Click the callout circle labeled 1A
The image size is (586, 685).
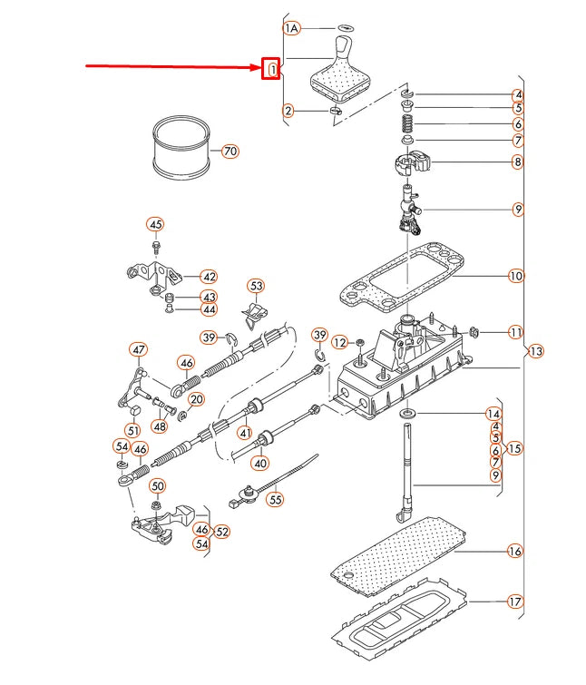click(291, 29)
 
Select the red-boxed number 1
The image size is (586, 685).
click(271, 69)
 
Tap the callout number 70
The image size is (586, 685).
click(230, 151)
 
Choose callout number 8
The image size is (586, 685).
click(517, 163)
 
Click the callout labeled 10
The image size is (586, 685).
click(516, 276)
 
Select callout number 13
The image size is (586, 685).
click(535, 351)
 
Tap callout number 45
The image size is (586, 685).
click(155, 225)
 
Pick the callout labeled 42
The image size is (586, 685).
click(209, 277)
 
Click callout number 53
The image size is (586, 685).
click(257, 287)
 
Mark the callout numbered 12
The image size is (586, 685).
click(339, 342)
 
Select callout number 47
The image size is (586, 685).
click(138, 349)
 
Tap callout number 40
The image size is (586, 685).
click(260, 463)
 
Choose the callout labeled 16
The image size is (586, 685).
click(515, 551)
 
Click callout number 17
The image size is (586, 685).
click(515, 601)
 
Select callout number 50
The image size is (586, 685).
click(157, 486)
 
